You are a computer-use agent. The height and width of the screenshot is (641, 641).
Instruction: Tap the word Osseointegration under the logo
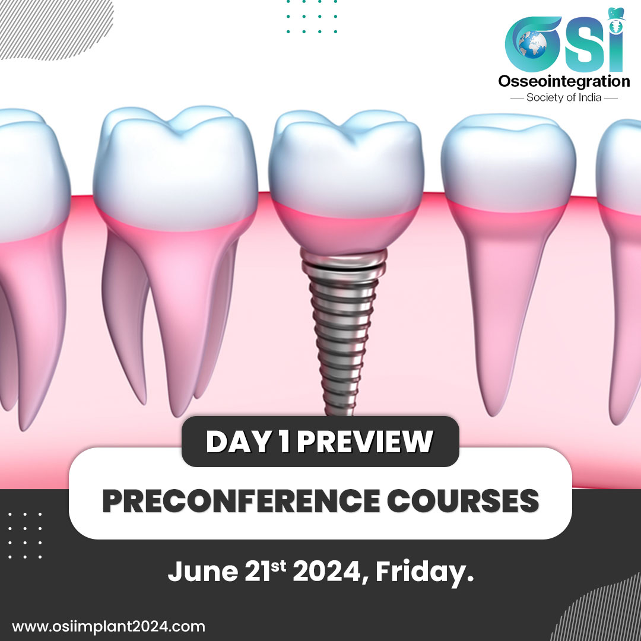tap(564, 81)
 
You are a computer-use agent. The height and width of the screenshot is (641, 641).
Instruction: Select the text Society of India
tap(564, 97)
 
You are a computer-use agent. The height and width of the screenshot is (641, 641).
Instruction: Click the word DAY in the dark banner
tap(239, 442)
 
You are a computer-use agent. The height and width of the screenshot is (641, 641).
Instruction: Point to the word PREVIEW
tap(364, 442)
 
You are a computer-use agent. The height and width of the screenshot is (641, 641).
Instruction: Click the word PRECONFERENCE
tap(241, 501)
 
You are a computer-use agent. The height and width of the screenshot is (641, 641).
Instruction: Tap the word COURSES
tap(463, 501)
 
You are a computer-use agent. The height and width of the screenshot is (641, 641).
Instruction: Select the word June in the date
tap(203, 572)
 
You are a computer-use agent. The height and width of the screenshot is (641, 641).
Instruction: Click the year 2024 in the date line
tap(327, 571)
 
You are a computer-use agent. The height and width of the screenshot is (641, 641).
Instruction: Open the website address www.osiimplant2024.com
tap(109, 627)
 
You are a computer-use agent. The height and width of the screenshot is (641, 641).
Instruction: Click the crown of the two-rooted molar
tap(175, 167)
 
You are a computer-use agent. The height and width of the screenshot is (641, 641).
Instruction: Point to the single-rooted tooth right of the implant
tap(508, 262)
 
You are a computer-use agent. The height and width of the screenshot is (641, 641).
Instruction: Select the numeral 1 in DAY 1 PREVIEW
tap(284, 442)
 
